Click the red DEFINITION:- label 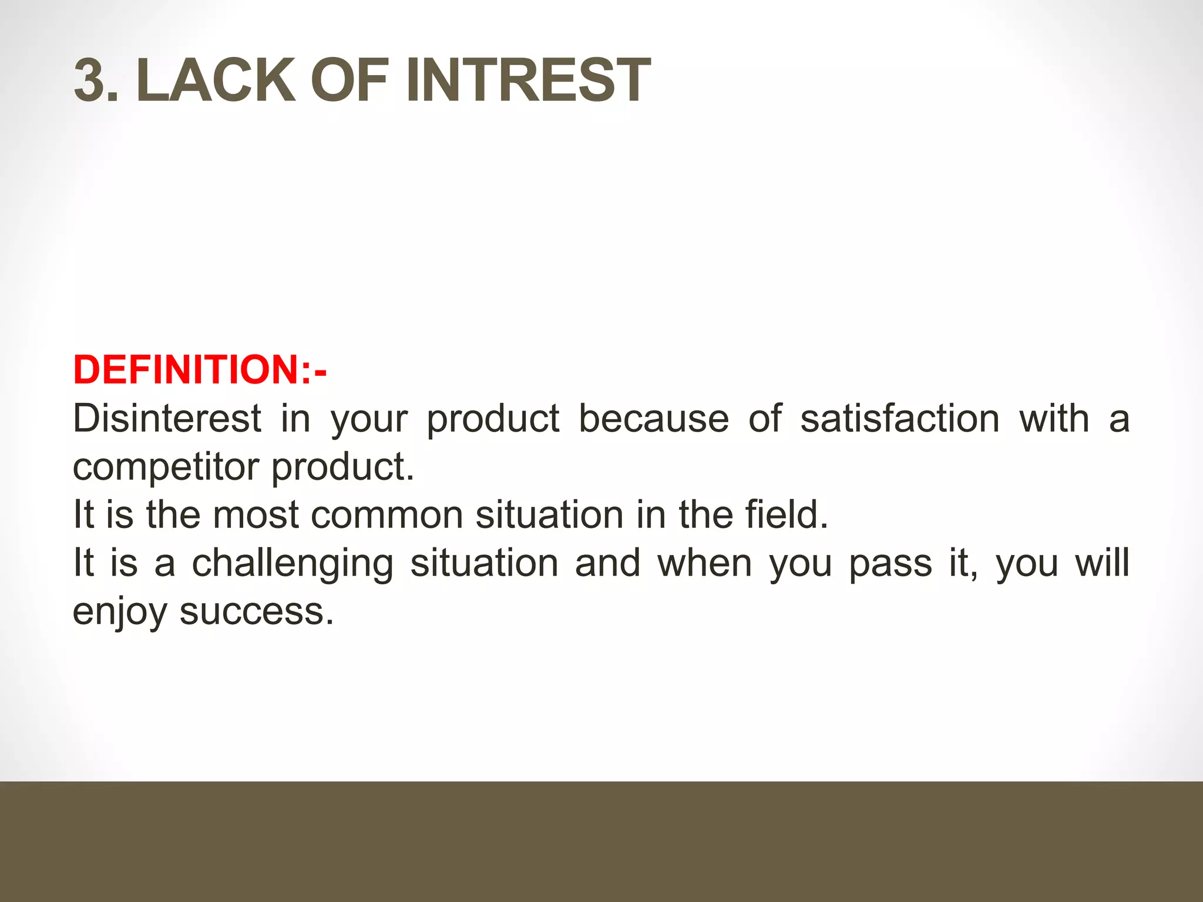point(200,370)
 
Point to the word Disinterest point(167,419)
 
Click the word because point(653,419)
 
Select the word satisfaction point(899,419)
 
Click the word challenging point(293,564)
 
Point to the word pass point(891,564)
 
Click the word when point(704,564)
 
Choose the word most point(256,515)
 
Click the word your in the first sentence point(369,420)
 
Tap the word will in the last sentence point(1102,563)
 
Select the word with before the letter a point(1054,419)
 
